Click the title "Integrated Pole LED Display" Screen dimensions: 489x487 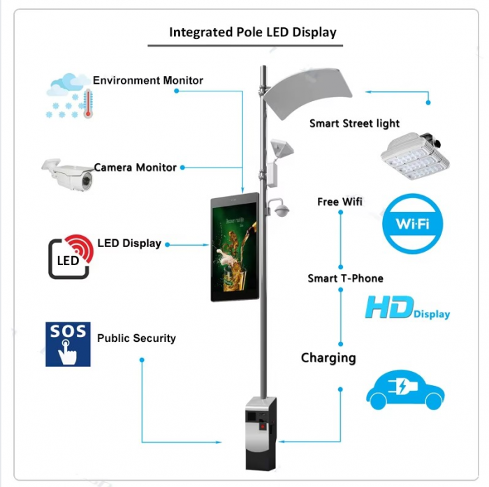tap(253, 32)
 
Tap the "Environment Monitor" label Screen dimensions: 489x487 tap(148, 80)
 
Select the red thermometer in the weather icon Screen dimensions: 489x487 tap(88, 103)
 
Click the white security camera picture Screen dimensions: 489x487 tap(67, 174)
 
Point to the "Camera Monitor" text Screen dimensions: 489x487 tap(136, 167)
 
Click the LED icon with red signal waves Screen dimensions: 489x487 tap(71, 257)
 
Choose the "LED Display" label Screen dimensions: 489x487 tap(129, 244)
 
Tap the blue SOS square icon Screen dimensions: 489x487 tap(68, 344)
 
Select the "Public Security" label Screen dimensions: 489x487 tap(136, 338)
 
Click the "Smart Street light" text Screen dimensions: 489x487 tap(354, 123)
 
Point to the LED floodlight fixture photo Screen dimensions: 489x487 tap(415, 156)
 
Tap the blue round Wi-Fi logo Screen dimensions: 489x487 tap(413, 223)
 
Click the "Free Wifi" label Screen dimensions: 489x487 tap(340, 202)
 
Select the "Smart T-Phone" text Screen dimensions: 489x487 tap(346, 278)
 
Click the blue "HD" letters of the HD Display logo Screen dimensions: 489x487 tap(390, 307)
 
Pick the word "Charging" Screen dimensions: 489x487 tap(328, 358)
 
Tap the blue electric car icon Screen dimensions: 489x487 tap(405, 389)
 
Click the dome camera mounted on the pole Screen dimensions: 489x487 tap(281, 209)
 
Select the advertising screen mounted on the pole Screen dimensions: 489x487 tap(235, 247)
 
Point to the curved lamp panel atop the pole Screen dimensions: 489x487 tap(307, 92)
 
